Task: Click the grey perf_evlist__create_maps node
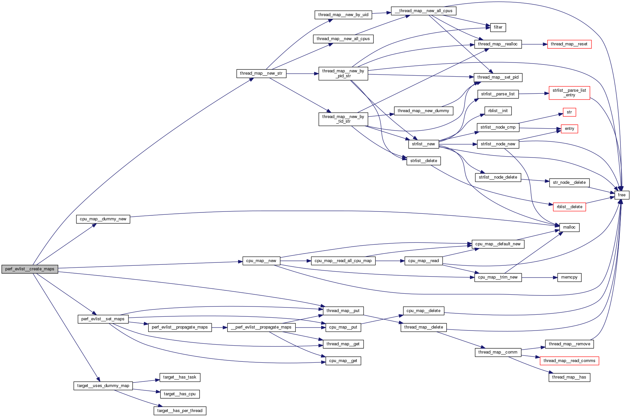click(x=30, y=269)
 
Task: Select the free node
click(x=621, y=195)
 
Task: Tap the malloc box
click(x=569, y=227)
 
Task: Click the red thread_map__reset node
click(x=569, y=44)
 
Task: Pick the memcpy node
click(x=569, y=277)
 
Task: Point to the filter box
click(x=498, y=27)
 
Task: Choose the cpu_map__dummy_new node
click(x=103, y=219)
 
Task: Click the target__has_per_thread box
click(x=180, y=411)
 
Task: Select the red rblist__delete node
click(x=569, y=207)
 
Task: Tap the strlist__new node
click(x=424, y=144)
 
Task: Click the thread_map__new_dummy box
click(x=424, y=111)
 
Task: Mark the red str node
click(x=569, y=112)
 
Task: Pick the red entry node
click(x=569, y=129)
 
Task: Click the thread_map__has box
click(x=569, y=377)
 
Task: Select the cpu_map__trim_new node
click(x=498, y=277)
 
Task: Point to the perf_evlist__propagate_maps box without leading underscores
click(x=180, y=327)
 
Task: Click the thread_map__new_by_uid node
click(x=343, y=15)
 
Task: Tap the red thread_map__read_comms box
click(x=569, y=361)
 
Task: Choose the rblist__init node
click(x=498, y=111)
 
